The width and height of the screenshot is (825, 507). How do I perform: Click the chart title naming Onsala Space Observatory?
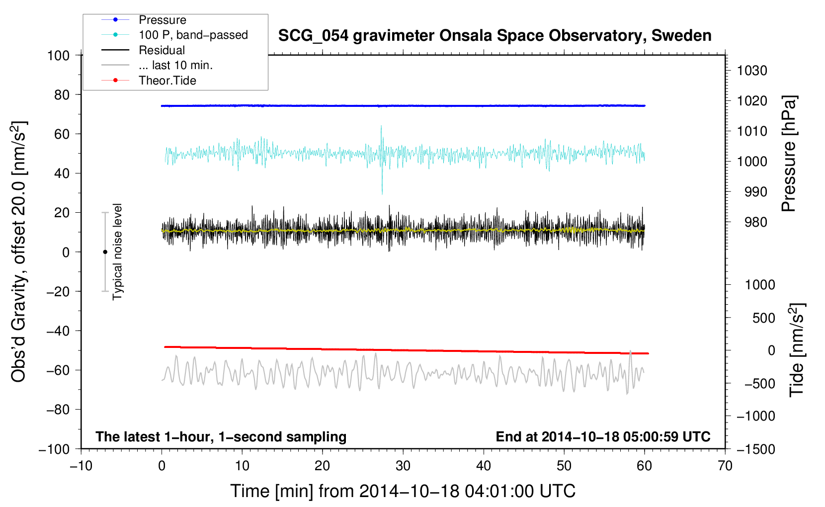tap(495, 36)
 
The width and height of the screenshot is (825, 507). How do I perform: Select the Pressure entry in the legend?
tap(163, 19)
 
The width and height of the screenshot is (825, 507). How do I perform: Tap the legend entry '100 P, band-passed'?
tap(193, 35)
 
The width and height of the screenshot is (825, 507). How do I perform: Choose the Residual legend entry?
tap(162, 50)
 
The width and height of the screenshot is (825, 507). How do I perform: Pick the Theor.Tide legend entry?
tap(167, 81)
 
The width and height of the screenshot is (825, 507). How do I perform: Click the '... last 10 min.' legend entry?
tap(175, 65)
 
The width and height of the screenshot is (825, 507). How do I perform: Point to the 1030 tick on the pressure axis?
tap(752, 71)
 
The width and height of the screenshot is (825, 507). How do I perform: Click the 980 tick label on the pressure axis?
tap(755, 222)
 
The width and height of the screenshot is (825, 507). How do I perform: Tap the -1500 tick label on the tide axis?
tap(756, 449)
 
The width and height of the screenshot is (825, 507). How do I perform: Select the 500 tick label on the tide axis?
tap(763, 318)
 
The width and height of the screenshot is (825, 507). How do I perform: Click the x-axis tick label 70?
tap(725, 466)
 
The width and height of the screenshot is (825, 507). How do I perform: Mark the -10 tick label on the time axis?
tap(81, 466)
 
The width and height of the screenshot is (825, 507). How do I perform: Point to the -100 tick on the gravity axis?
tap(54, 449)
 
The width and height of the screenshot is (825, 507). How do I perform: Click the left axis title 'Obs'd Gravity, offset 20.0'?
tap(18, 252)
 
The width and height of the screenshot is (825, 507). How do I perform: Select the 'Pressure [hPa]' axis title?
tap(789, 154)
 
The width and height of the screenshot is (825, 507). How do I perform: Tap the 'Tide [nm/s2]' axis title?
tap(797, 350)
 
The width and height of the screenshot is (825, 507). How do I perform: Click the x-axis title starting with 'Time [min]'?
tap(403, 491)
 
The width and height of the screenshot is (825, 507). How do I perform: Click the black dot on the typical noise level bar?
tap(105, 252)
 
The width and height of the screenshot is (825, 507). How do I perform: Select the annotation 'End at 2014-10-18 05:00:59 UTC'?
tap(603, 436)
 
